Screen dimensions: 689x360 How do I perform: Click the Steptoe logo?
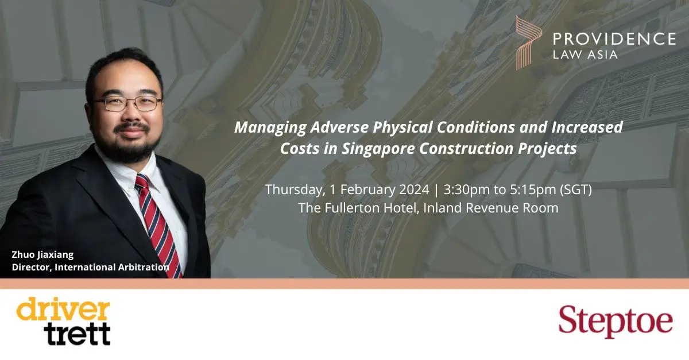tap(616, 322)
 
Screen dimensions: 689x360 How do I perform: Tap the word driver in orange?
tap(63, 309)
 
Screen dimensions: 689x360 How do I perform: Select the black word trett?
tap(77, 334)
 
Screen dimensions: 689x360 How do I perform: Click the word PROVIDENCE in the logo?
tap(614, 39)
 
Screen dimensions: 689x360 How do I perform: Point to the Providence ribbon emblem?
tap(528, 42)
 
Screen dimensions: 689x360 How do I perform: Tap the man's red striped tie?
tap(158, 225)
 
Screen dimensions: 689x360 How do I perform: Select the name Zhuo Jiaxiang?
tap(42, 255)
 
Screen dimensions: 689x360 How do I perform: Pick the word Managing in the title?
tap(270, 127)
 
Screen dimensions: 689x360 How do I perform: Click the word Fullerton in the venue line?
tap(370, 208)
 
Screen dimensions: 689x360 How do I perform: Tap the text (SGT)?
tap(576, 190)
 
